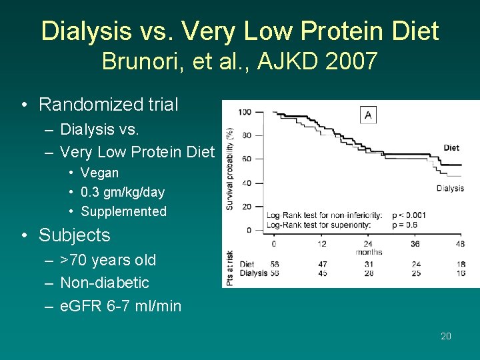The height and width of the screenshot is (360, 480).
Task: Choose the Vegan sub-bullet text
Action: (x=99, y=173)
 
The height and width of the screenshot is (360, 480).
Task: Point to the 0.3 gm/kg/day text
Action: (x=123, y=192)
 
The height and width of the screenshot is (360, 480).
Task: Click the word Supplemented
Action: (x=123, y=211)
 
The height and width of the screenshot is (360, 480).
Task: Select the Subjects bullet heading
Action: (x=74, y=235)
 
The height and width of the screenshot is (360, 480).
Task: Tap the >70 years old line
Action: (x=108, y=260)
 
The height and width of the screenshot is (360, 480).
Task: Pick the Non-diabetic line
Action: (x=105, y=283)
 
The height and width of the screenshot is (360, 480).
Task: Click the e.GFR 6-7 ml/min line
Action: (x=121, y=306)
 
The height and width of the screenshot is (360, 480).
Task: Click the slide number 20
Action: (x=446, y=336)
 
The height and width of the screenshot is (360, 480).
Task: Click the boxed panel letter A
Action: (x=368, y=115)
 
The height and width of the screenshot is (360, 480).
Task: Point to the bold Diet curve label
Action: (x=451, y=148)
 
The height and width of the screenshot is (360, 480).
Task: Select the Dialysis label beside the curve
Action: (x=450, y=188)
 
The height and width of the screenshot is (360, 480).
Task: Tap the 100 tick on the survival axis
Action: (x=245, y=111)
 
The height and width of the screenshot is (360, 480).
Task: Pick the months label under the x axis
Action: (x=368, y=252)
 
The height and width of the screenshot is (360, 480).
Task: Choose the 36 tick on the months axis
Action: (x=415, y=244)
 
